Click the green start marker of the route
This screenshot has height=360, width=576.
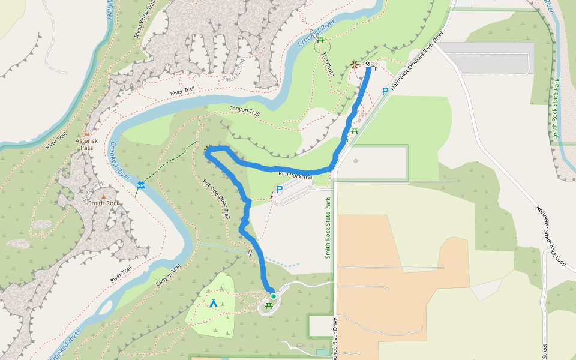pyautogui.click(x=273, y=296)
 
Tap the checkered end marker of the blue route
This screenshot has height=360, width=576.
pyautogui.click(x=368, y=63)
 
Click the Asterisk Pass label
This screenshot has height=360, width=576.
pyautogui.click(x=86, y=143)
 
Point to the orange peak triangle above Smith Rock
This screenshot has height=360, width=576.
pyautogui.click(x=104, y=196)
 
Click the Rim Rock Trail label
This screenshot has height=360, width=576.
pyautogui.click(x=296, y=175)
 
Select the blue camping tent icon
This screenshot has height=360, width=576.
pyautogui.click(x=213, y=303)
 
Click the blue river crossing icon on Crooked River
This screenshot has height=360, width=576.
pyautogui.click(x=140, y=185)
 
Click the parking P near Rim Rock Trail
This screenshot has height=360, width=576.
pyautogui.click(x=279, y=190)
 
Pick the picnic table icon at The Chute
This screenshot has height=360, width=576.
pyautogui.click(x=321, y=40)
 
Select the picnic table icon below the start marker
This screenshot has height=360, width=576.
pyautogui.click(x=268, y=306)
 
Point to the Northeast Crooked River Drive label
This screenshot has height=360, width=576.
pyautogui.click(x=416, y=60)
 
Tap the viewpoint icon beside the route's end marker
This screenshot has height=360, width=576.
pyautogui.click(x=355, y=64)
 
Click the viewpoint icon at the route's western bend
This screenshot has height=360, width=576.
pyautogui.click(x=208, y=148)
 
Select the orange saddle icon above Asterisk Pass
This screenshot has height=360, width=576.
pyautogui.click(x=87, y=133)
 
